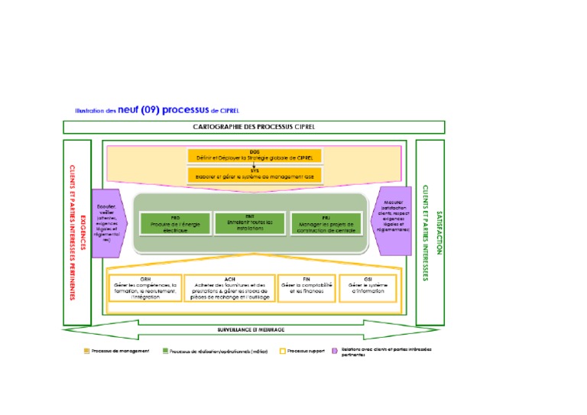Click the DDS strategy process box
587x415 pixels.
[x=255, y=156]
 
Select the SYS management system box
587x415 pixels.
[x=255, y=175]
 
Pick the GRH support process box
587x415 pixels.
[x=145, y=288]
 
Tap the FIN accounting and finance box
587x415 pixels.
[x=305, y=288]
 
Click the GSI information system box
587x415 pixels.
[x=368, y=288]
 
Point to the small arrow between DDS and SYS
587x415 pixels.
[x=255, y=165]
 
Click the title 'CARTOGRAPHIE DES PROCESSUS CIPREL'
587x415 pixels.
[x=254, y=127]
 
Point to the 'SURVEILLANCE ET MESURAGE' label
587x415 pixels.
[x=251, y=329]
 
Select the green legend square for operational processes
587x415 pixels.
[x=164, y=351]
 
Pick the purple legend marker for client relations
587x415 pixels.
[x=334, y=351]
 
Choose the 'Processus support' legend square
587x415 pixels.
[x=281, y=351]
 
